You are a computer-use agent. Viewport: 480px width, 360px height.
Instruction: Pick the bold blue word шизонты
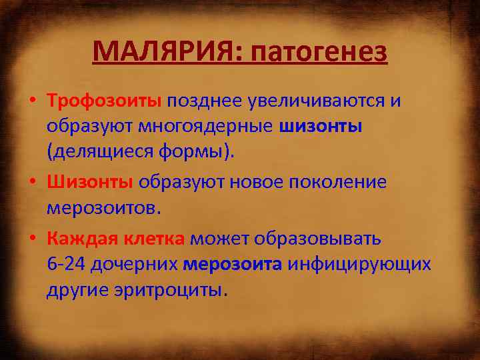(321, 127)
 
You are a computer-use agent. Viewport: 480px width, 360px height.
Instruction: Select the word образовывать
(323, 238)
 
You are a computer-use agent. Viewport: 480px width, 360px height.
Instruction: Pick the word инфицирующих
(361, 264)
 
